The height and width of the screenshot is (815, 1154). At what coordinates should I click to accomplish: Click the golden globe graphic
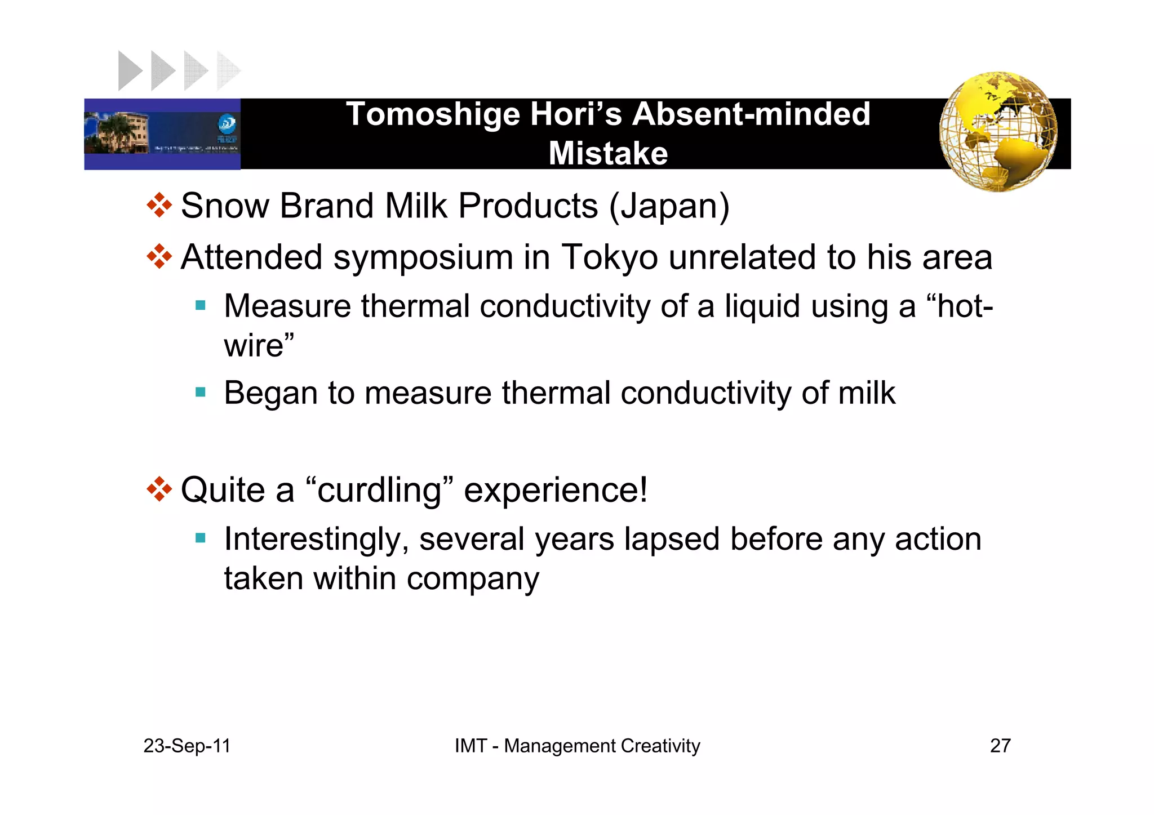[998, 131]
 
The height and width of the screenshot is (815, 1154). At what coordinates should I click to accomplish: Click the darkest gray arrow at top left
[129, 71]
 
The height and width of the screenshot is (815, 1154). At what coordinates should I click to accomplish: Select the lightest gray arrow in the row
[228, 71]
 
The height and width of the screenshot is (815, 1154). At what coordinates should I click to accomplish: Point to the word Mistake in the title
[608, 153]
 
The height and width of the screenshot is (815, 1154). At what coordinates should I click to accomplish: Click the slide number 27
[1000, 746]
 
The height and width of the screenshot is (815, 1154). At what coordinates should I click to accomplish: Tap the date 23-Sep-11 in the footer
[187, 746]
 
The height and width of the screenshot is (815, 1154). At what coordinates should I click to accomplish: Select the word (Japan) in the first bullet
[669, 206]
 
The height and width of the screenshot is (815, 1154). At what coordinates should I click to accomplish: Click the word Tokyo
[610, 258]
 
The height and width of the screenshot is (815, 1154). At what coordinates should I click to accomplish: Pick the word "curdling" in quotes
[379, 490]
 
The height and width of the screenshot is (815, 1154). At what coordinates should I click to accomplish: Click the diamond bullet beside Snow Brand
[159, 206]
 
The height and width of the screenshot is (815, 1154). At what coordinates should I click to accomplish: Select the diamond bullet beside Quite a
[159, 489]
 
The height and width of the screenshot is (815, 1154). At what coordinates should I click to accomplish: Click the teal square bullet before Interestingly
[201, 538]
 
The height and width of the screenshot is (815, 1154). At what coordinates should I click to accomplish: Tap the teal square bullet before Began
[201, 391]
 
